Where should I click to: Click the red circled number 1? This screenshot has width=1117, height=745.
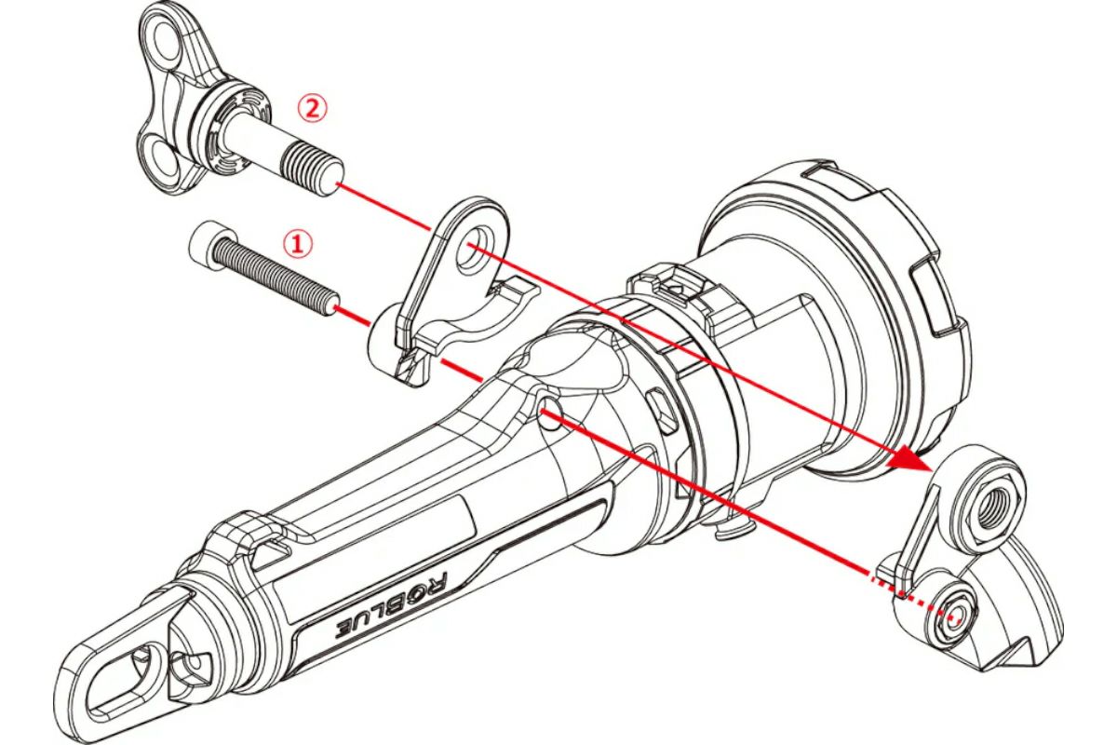(297, 245)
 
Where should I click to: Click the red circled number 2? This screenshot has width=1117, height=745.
(313, 109)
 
